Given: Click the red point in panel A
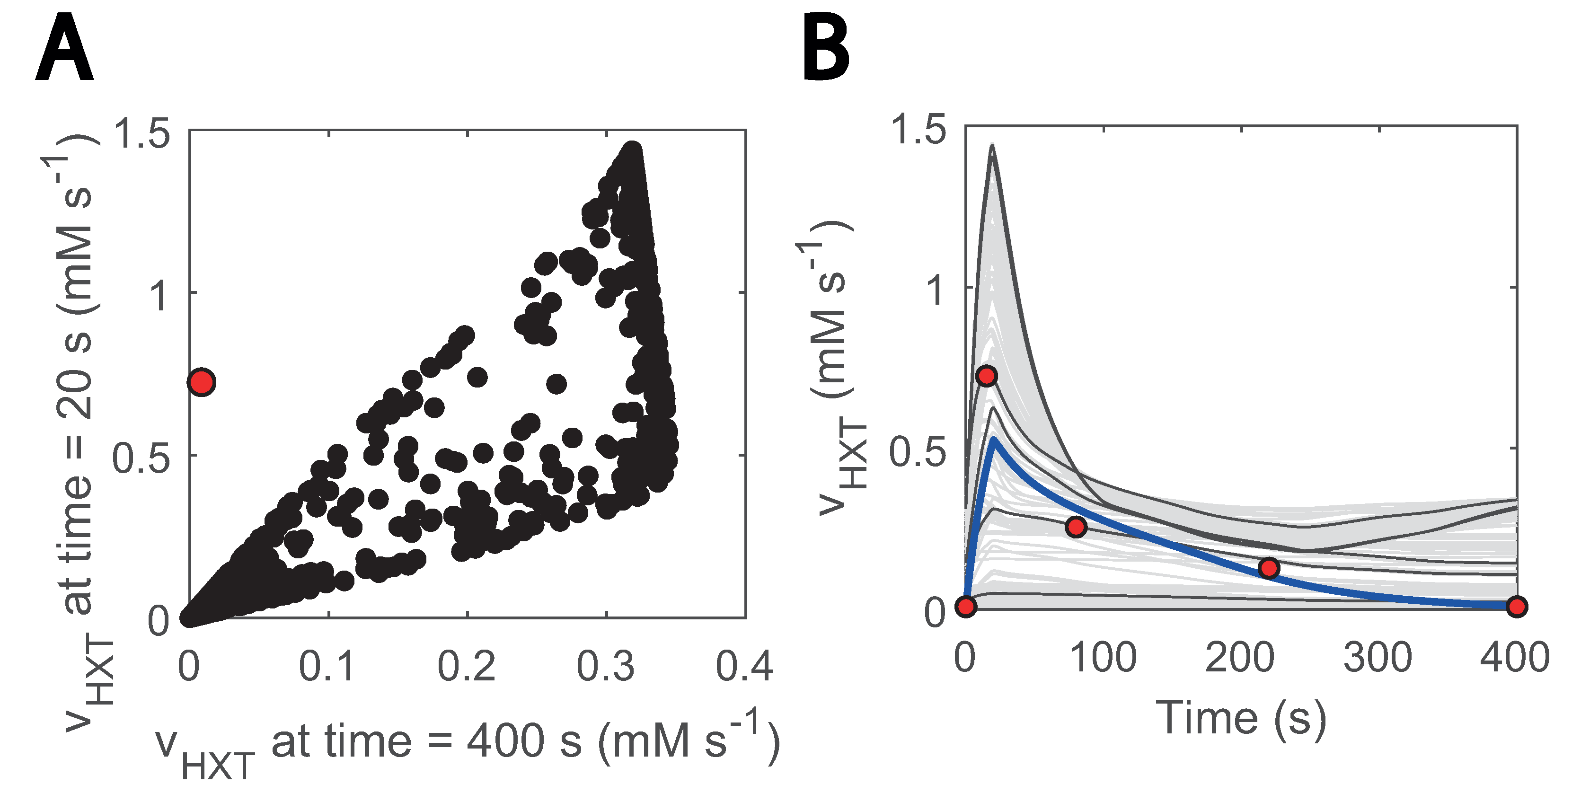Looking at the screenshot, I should [x=202, y=382].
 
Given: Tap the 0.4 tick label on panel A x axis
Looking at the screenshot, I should [x=744, y=666].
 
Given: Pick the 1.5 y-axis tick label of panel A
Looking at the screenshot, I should [x=141, y=133].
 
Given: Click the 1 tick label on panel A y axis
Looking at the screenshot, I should [x=158, y=296].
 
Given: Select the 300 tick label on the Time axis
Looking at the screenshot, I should [x=1378, y=658].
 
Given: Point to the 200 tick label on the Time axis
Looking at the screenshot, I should [x=1239, y=658].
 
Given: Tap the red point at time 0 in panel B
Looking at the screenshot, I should [x=966, y=606].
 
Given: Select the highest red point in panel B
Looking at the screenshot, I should [x=987, y=376].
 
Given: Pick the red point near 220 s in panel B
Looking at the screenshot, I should [x=1269, y=568].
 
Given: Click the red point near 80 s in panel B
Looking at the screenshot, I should [x=1076, y=527].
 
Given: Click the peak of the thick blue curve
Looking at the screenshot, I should [x=995, y=439].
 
